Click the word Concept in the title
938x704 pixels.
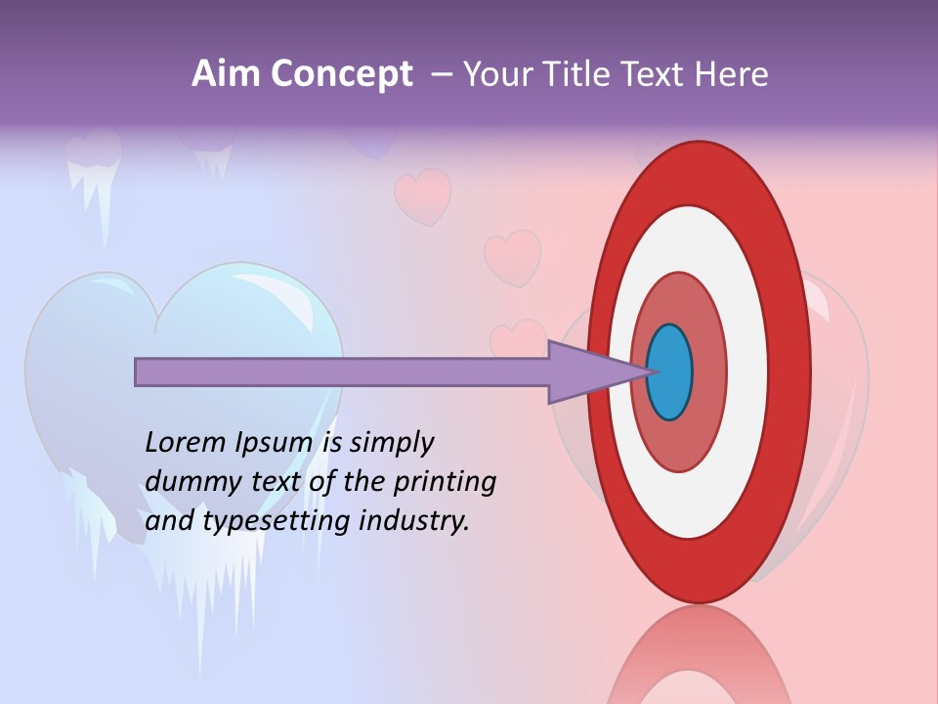(x=342, y=74)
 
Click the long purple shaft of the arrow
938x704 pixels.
(x=342, y=373)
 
